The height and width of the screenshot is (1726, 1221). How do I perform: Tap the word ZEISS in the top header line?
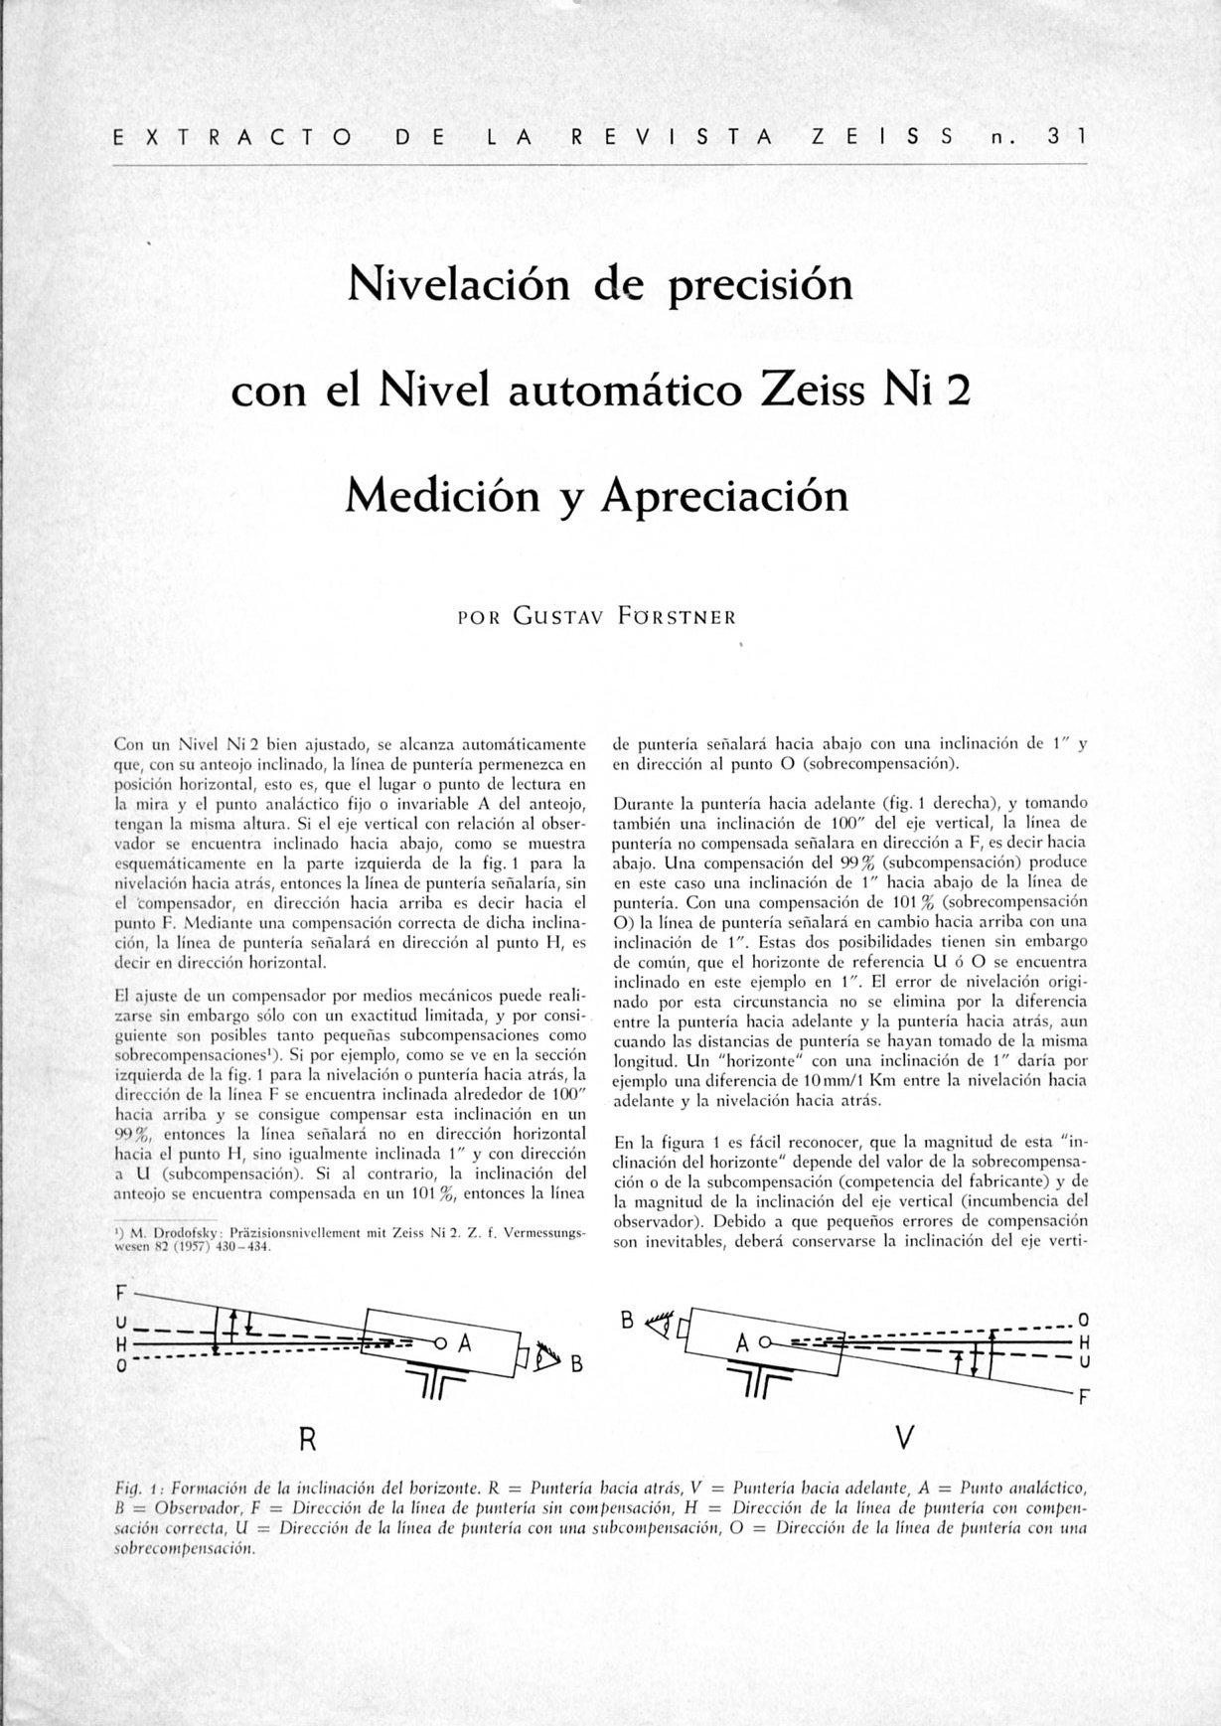(883, 136)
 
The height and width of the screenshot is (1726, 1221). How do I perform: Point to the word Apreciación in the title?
(725, 495)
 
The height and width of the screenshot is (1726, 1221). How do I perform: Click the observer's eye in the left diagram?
(544, 1357)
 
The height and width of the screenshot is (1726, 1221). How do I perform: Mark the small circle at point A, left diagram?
(438, 1342)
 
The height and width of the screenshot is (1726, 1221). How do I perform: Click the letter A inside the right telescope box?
(741, 1343)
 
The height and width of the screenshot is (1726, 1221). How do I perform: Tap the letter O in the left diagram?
(120, 1366)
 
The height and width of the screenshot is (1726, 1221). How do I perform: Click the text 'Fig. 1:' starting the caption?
(138, 1489)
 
